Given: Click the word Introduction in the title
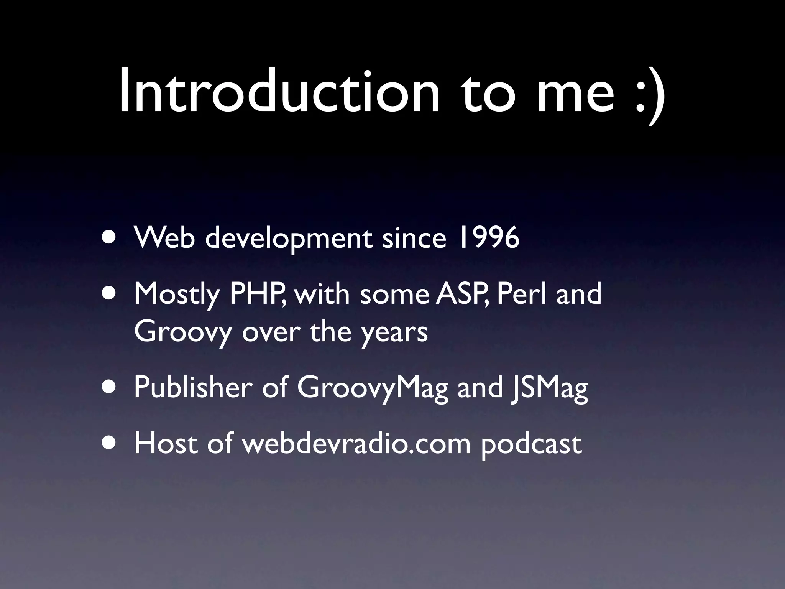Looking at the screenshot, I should pos(279,92).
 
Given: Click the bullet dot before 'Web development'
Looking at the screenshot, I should pos(110,237).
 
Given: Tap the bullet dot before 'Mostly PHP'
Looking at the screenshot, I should pos(110,293).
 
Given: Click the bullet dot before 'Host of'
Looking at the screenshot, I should pos(110,443).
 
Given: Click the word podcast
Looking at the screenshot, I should pos(531,445).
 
